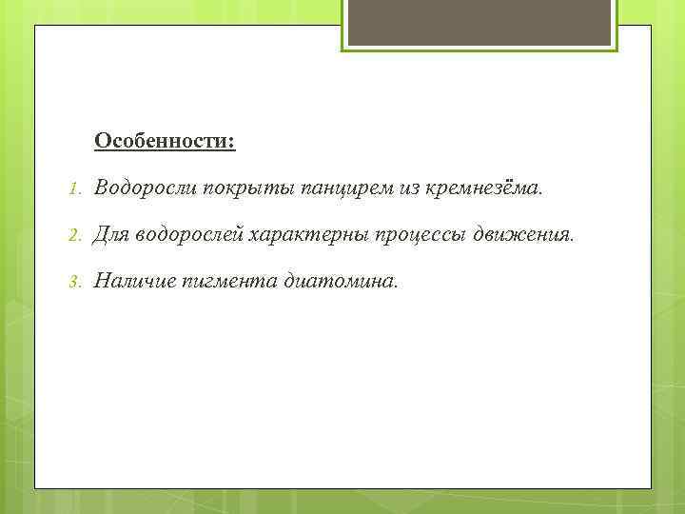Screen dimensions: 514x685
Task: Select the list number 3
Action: click(x=74, y=281)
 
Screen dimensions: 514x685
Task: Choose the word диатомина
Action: click(x=340, y=280)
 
